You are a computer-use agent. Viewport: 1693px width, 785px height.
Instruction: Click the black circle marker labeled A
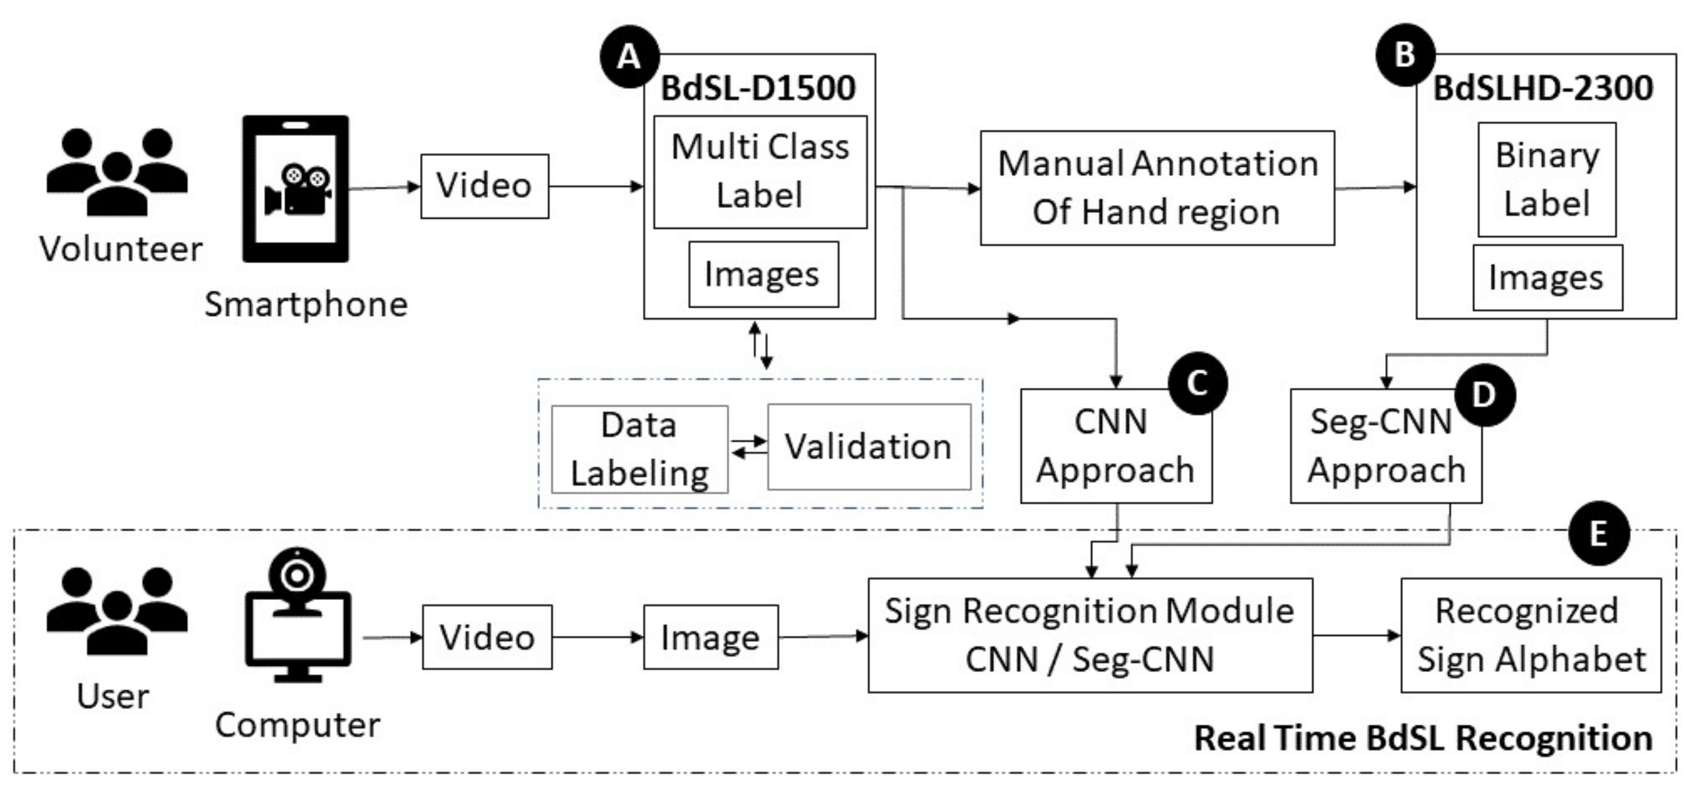tap(629, 57)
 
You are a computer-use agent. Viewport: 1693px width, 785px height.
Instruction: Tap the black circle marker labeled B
tap(1405, 55)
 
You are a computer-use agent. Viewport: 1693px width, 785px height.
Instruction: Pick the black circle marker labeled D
tap(1484, 395)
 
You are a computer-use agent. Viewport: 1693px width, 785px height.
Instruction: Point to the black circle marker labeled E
tap(1598, 534)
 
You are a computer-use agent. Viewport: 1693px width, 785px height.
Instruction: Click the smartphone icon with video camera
tap(296, 189)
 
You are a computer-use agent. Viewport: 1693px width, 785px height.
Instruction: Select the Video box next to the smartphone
tap(484, 186)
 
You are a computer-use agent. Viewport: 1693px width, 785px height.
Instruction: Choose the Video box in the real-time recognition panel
tap(487, 636)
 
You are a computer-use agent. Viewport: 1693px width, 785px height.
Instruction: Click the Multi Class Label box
tap(760, 172)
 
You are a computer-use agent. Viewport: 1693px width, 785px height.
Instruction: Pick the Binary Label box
tap(1546, 180)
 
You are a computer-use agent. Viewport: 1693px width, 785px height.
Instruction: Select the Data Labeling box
tap(639, 449)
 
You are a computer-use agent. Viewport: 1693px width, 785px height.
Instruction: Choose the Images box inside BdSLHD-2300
tap(1547, 278)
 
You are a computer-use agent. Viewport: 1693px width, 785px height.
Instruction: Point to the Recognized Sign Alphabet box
tap(1531, 635)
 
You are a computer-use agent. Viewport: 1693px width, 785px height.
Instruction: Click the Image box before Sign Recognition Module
tap(710, 637)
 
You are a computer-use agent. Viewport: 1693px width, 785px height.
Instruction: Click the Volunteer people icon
tap(117, 172)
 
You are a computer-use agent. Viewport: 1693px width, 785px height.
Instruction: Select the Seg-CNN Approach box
tap(1386, 447)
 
